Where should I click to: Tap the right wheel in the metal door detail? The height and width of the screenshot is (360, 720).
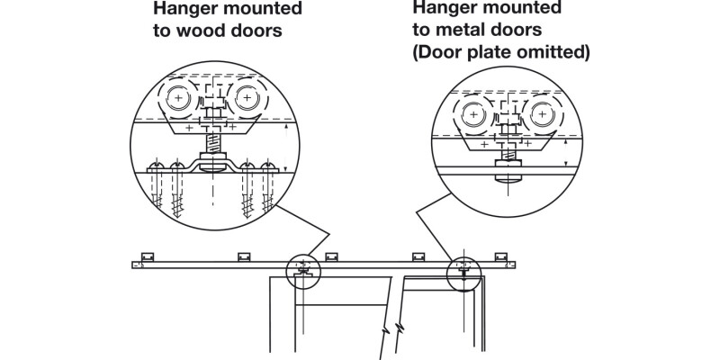click(x=541, y=115)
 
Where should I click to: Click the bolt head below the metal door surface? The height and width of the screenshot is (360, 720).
click(x=508, y=174)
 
